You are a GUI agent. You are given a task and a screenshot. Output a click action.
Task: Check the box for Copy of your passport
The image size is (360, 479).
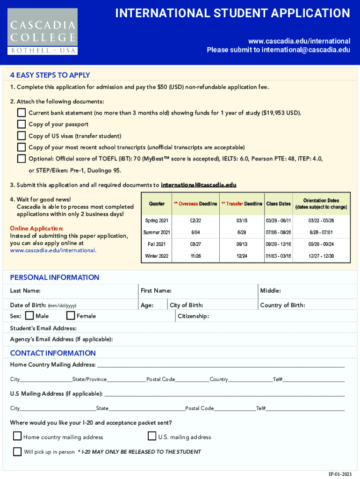tap(22, 124)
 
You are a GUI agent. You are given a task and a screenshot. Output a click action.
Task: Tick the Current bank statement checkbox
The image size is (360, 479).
tap(22, 113)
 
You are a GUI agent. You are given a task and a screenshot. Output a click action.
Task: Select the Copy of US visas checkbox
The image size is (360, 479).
tap(22, 136)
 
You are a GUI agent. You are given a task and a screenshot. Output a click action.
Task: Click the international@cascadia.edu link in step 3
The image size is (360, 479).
tap(199, 185)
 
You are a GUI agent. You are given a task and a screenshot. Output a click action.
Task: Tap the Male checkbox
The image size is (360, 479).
tap(29, 316)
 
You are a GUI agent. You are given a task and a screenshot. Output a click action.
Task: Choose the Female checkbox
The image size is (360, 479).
tap(71, 316)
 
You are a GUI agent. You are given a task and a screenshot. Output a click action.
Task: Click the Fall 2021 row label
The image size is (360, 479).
tap(157, 244)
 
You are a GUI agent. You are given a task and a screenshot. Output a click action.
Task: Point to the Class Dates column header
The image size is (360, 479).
tap(278, 203)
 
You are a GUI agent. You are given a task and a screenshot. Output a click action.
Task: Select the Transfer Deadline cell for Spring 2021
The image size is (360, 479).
tap(241, 220)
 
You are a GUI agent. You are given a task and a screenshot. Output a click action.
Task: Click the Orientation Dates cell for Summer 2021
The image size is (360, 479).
tap(321, 232)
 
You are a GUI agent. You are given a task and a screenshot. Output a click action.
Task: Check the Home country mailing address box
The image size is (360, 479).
tap(17, 436)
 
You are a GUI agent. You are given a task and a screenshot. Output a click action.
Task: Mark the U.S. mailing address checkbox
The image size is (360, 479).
tap(151, 436)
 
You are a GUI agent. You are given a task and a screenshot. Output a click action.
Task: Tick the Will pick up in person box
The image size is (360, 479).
tap(17, 451)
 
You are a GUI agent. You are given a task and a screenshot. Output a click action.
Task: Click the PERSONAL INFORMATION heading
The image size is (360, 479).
tap(55, 277)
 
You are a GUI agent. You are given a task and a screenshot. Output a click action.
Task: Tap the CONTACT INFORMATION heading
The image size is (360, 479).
tap(53, 353)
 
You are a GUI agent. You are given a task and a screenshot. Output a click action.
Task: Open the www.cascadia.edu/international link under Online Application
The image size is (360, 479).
tap(52, 250)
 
